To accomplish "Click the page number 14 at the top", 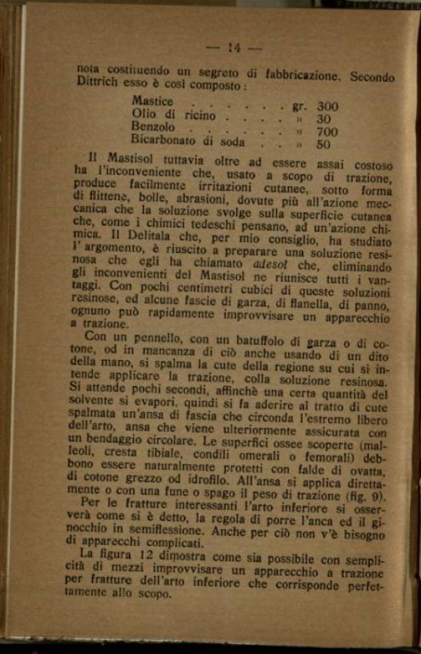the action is [x=234, y=48].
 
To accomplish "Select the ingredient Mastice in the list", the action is [x=152, y=102].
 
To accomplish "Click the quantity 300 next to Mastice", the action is [x=327, y=107].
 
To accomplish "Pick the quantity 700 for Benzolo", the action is [x=327, y=132].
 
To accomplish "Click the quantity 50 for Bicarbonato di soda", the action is [x=323, y=145].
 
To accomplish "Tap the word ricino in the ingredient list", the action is [x=198, y=115].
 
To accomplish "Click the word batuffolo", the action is [x=256, y=340].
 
